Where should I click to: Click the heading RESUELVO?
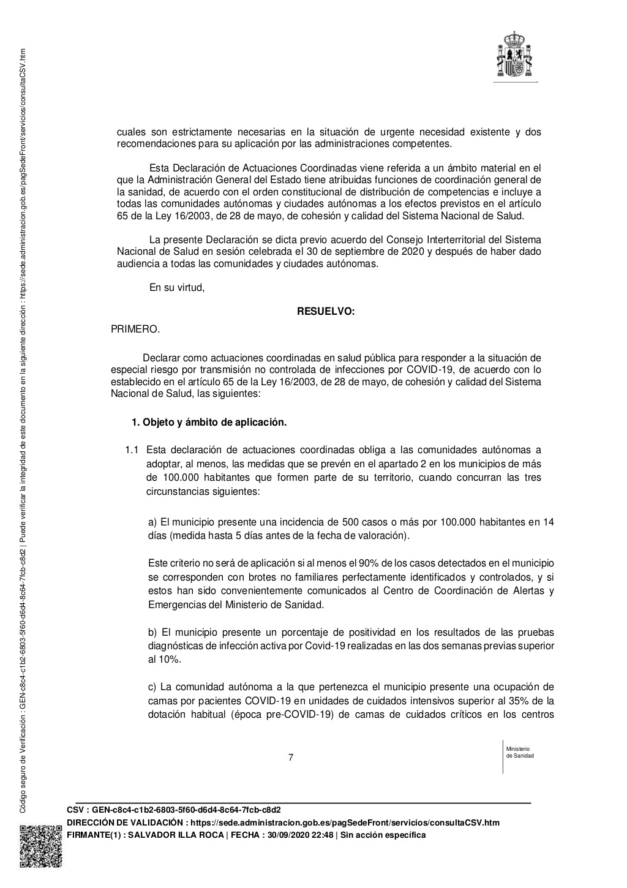(326, 312)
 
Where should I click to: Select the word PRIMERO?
(135, 329)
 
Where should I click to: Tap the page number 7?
(291, 758)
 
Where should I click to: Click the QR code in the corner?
(41, 846)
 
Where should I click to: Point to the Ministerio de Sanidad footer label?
(520, 752)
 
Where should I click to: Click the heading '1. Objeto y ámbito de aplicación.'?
(209, 423)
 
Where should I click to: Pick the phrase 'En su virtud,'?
(177, 287)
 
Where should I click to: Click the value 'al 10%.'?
(164, 659)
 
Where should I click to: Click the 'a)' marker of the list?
(153, 522)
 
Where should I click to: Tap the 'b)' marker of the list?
(153, 632)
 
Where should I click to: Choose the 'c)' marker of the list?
(153, 687)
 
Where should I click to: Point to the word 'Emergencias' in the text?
(175, 604)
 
